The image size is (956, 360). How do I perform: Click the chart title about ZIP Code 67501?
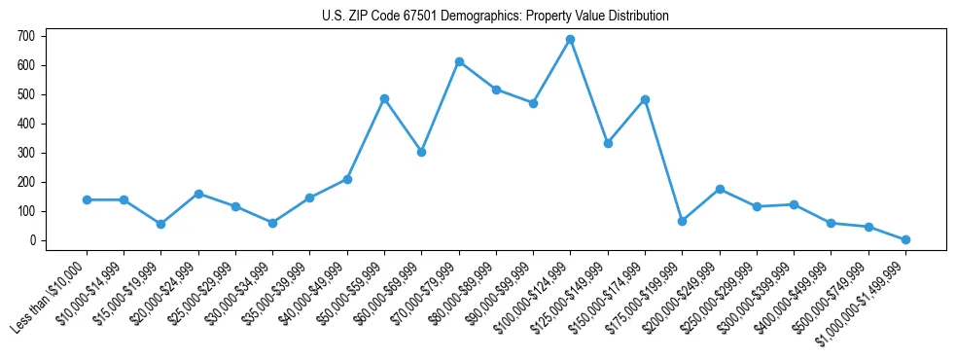coord(495,17)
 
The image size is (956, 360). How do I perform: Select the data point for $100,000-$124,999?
coord(570,40)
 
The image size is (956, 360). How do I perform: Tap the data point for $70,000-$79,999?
coord(459,62)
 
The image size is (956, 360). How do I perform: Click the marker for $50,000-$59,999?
coord(384,99)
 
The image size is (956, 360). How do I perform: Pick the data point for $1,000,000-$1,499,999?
coord(905,239)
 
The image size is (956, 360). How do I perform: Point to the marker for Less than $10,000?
coord(87,199)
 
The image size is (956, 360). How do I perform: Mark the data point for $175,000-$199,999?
coord(682,221)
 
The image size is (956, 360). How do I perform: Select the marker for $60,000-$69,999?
coord(421,152)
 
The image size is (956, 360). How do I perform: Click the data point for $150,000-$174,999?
coord(645,100)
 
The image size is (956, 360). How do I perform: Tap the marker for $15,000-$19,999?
coord(160,224)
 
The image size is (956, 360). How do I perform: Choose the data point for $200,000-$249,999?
coord(720,189)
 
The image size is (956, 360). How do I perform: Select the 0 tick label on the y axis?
coord(32,240)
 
